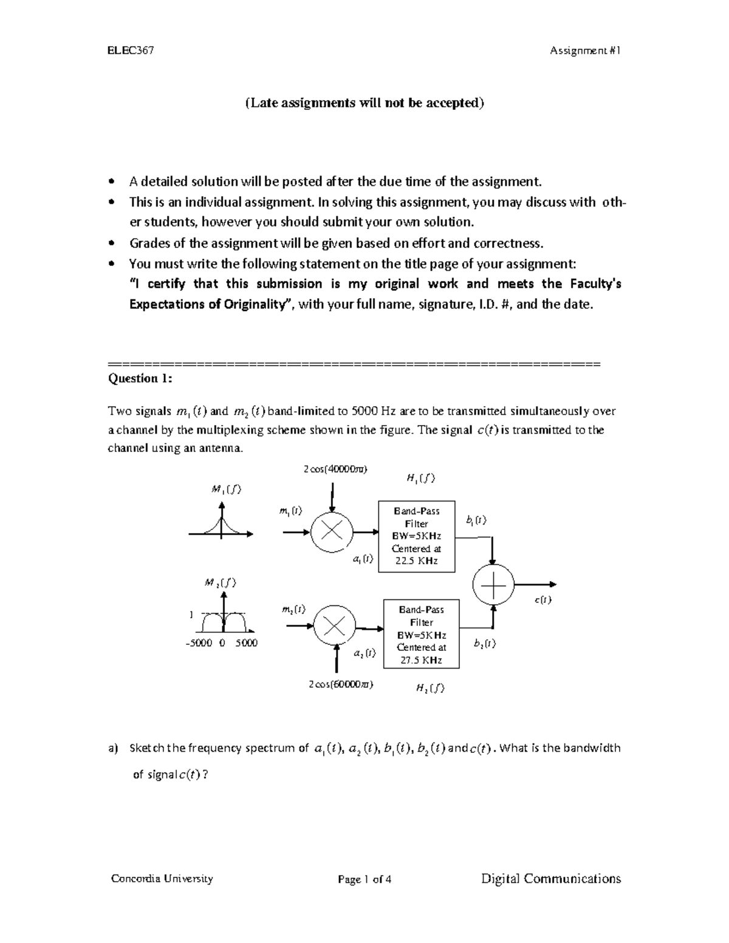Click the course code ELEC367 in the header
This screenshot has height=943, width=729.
[x=130, y=50]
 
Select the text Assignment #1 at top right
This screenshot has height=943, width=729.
[x=584, y=51]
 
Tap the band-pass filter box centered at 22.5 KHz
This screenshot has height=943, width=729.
[x=417, y=536]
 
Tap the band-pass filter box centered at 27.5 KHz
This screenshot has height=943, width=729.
[x=421, y=635]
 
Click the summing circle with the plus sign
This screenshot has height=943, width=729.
[x=493, y=584]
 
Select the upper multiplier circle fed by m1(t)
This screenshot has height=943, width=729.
[x=332, y=532]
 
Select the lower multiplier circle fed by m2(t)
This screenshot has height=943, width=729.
[x=334, y=627]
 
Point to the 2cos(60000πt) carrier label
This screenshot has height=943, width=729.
[x=340, y=684]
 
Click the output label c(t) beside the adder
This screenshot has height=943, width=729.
[x=542, y=600]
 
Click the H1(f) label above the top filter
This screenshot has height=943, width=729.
[x=420, y=478]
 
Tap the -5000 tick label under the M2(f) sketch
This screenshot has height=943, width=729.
[x=198, y=643]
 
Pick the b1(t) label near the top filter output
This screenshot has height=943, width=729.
[x=476, y=520]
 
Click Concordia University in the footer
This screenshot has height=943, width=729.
[x=162, y=878]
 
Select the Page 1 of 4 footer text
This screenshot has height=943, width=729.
[x=364, y=879]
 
